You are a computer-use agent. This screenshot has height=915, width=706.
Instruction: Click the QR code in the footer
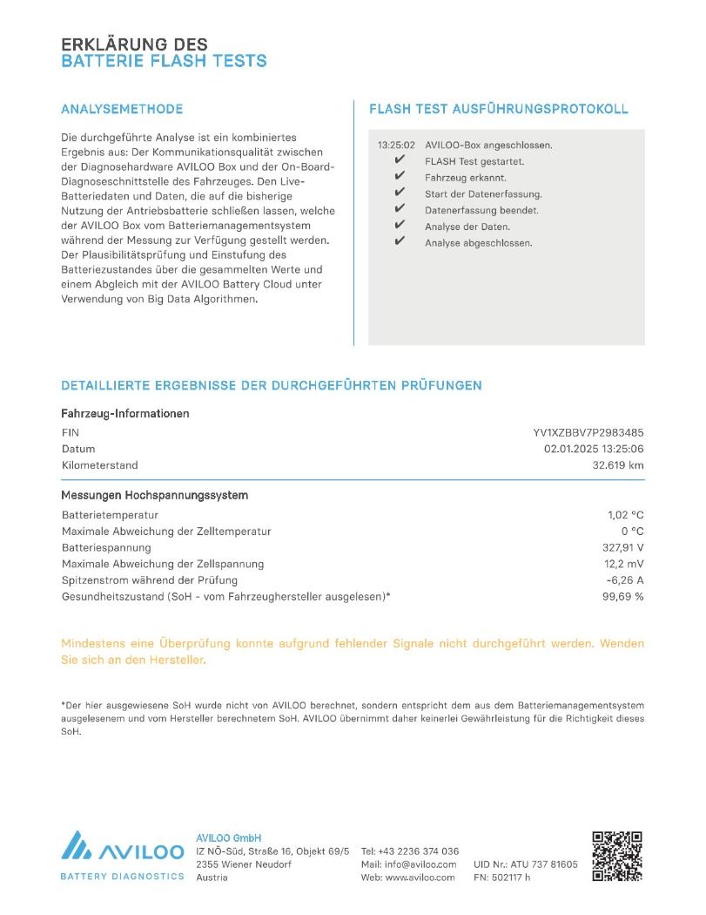[617, 856]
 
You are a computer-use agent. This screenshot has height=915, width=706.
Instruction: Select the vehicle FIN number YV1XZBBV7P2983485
[588, 432]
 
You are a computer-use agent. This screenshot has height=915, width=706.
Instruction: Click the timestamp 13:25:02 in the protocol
[396, 145]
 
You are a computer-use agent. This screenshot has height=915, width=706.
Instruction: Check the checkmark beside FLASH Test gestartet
[400, 161]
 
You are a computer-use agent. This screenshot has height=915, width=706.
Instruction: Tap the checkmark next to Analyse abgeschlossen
[400, 242]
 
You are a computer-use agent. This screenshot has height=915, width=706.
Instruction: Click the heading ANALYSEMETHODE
[122, 110]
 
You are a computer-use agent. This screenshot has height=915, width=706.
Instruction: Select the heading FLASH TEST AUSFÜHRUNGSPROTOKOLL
[499, 110]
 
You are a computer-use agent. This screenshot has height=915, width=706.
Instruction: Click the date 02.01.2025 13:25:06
[594, 449]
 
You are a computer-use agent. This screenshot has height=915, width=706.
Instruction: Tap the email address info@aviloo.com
[420, 864]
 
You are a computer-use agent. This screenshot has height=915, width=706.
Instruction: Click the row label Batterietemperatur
[110, 515]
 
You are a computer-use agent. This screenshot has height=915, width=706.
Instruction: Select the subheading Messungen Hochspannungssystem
[154, 495]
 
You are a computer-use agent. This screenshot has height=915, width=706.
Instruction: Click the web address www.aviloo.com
[420, 878]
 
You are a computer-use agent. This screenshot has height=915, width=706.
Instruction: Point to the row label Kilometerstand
[99, 465]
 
